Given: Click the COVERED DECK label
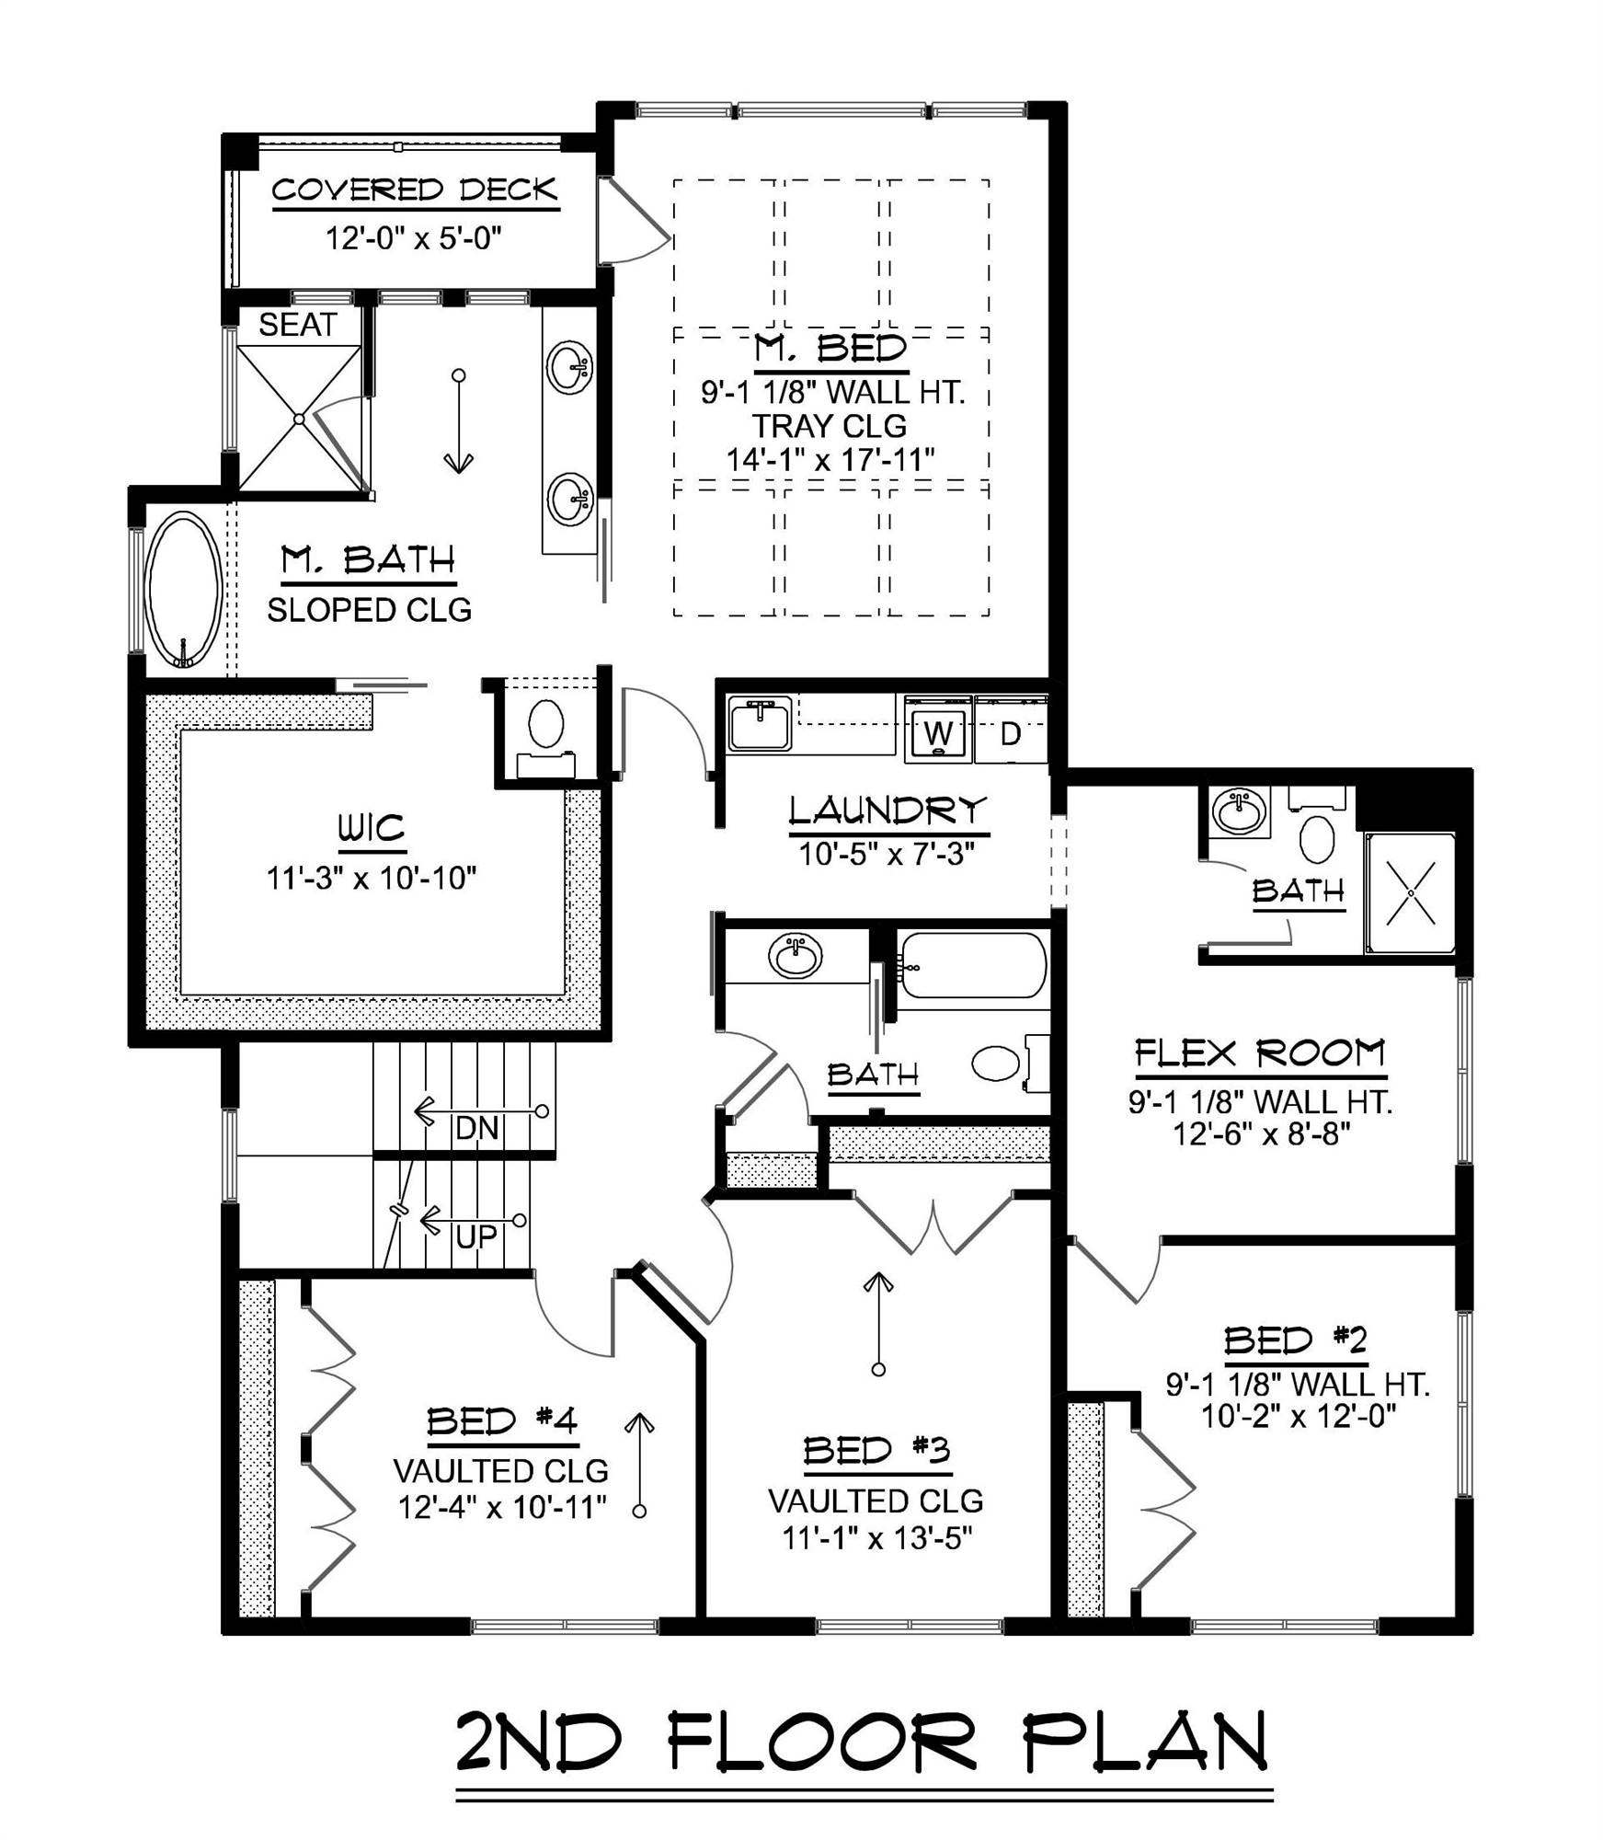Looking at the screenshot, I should click(415, 190).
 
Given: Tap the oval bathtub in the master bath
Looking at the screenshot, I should click(184, 589).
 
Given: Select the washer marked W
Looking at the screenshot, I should click(937, 732).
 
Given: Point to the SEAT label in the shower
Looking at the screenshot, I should click(297, 325).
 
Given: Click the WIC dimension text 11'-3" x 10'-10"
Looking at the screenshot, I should click(372, 878).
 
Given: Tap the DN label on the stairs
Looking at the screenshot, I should click(476, 1128).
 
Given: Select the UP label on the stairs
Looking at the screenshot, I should click(475, 1237).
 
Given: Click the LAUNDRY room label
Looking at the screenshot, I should click(887, 811).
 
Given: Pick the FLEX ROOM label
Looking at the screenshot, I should click(1260, 1052).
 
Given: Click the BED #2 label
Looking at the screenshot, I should click(1295, 1340).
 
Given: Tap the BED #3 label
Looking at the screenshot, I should click(876, 1451).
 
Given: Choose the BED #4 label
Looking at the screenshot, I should click(501, 1421).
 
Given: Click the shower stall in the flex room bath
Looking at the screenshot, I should click(1409, 892).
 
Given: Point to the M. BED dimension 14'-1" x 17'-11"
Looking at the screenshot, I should click(830, 459).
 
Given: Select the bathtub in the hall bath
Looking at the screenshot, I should click(972, 966).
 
